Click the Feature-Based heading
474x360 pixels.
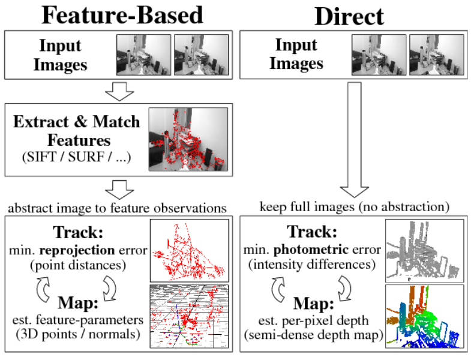tap(122, 15)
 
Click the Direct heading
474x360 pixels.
tap(349, 16)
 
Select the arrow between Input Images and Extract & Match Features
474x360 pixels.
tap(118, 92)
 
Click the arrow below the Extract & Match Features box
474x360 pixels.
tap(118, 190)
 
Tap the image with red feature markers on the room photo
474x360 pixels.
tap(188, 139)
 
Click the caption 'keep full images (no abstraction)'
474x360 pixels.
tap(355, 207)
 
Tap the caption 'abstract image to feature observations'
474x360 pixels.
tap(118, 208)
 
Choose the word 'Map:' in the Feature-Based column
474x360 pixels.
tap(82, 303)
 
